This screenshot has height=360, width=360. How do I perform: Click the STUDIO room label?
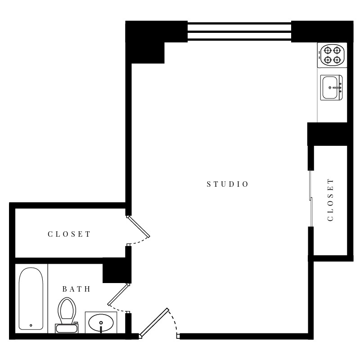(x=227, y=184)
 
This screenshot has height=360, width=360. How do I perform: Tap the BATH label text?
(x=76, y=289)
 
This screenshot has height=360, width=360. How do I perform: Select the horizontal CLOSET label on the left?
(x=69, y=234)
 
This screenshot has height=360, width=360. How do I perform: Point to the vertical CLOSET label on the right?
(x=331, y=199)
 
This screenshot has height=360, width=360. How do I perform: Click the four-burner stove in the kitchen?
(x=332, y=55)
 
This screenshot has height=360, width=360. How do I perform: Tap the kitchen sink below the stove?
(x=331, y=87)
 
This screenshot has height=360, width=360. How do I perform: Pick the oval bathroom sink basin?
(x=101, y=323)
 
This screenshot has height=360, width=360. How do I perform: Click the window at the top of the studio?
(x=239, y=31)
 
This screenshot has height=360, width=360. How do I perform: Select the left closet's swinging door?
(x=139, y=226)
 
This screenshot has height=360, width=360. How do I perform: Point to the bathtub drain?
(x=31, y=325)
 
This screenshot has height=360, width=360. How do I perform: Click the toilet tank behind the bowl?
(x=66, y=329)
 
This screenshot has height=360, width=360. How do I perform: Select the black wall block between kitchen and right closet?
(x=327, y=134)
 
